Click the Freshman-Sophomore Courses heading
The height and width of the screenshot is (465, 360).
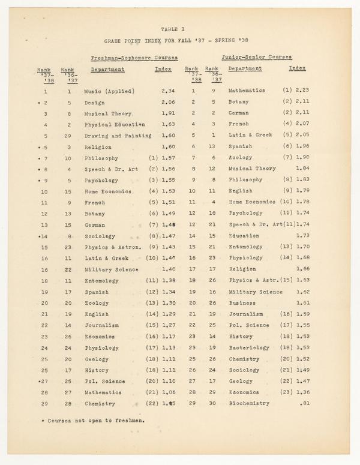134,58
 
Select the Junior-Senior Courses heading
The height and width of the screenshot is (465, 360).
257,57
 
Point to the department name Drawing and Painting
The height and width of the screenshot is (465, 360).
118,136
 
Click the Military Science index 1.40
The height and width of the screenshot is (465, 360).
168,269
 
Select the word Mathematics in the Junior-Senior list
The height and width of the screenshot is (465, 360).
247,91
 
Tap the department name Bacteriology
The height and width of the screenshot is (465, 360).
249,347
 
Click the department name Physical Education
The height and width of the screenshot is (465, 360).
113,125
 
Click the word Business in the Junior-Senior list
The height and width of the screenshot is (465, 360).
242,303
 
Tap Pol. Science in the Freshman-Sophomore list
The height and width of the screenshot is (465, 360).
105,381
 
